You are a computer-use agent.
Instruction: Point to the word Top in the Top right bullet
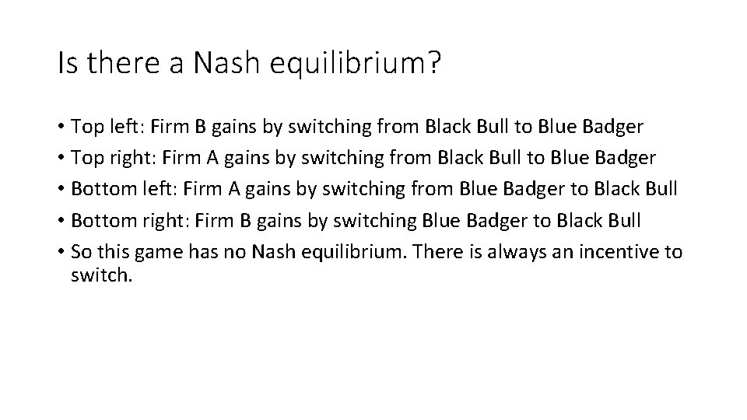click(x=86, y=158)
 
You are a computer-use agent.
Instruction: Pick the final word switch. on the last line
click(x=102, y=275)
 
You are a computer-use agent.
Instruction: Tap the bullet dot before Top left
click(x=60, y=127)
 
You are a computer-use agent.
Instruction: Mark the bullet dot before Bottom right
click(x=60, y=221)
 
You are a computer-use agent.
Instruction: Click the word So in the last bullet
click(x=82, y=252)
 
